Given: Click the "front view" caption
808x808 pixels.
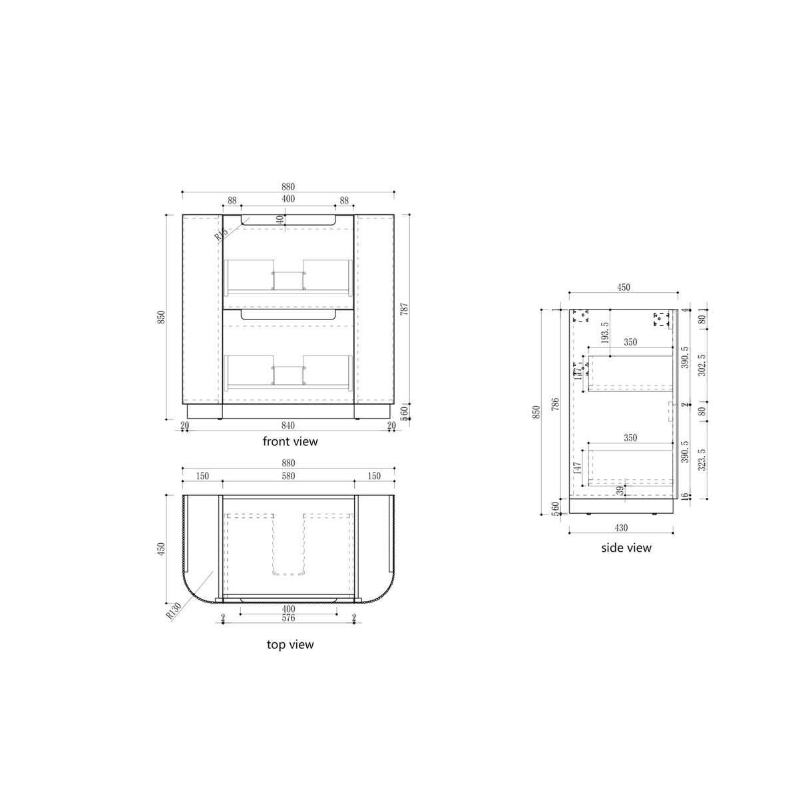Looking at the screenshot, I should click(290, 441).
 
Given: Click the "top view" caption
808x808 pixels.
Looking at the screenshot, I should click(290, 644).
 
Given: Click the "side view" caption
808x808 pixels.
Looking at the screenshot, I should click(626, 548).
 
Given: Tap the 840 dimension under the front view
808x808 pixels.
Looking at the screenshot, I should click(288, 426).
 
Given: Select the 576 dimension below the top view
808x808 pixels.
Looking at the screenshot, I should click(288, 618).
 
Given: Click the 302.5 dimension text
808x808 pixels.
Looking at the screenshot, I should click(702, 366).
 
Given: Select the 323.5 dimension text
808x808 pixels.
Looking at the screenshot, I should click(702, 459).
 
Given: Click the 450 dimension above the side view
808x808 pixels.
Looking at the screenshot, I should click(623, 288).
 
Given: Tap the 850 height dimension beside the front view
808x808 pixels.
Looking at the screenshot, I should click(161, 317).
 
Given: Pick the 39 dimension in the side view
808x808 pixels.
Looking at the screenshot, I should click(620, 490).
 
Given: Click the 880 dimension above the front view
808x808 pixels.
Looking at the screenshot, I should click(288, 187).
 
